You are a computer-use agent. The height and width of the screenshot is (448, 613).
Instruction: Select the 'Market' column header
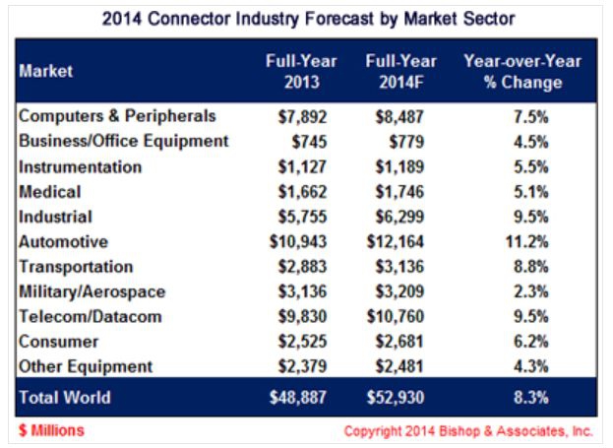pyautogui.click(x=45, y=71)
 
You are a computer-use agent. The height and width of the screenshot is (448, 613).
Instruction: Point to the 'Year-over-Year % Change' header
pyautogui.click(x=521, y=71)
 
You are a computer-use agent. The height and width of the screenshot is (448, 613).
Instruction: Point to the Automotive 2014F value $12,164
pyautogui.click(x=401, y=241)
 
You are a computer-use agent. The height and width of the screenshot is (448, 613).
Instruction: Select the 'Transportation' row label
pyautogui.click(x=77, y=267)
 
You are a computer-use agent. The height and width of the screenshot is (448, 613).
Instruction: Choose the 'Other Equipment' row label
pyautogui.click(x=87, y=366)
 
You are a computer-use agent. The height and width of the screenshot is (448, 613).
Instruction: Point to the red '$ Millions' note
pyautogui.click(x=50, y=430)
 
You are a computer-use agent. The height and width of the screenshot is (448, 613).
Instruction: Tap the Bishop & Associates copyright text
pyautogui.click(x=468, y=431)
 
